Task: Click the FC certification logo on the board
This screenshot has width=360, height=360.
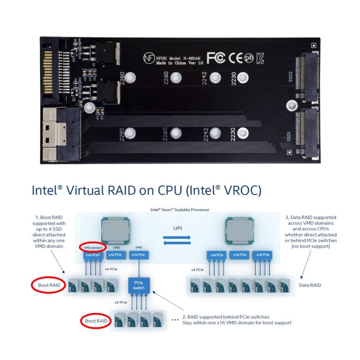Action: (216, 58)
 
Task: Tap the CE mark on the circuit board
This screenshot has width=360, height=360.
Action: (235, 58)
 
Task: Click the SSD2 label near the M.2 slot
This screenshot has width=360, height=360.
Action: (290, 77)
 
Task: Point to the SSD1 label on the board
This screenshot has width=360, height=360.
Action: (289, 136)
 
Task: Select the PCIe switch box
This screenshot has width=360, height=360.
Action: (138, 285)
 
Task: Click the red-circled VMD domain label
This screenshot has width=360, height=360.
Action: (93, 247)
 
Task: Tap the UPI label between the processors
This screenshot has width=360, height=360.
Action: (177, 228)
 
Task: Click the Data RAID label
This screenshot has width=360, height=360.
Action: (310, 285)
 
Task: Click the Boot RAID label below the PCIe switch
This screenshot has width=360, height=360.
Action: (96, 321)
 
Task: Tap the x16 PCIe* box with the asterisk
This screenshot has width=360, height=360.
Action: (93, 255)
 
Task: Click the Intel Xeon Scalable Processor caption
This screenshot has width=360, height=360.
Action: (180, 209)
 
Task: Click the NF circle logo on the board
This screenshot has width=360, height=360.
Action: (149, 58)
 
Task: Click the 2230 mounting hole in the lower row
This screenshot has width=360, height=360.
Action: (243, 133)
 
